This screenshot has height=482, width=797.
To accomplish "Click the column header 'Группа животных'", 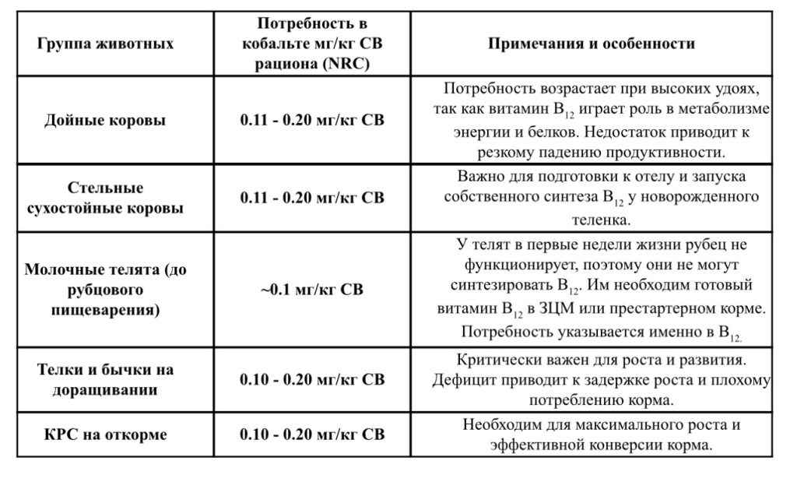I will (105, 44).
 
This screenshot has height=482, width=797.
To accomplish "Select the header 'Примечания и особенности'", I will (592, 44).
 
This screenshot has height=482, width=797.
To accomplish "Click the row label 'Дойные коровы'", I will (105, 121).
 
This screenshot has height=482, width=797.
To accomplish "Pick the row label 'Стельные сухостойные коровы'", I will (105, 199).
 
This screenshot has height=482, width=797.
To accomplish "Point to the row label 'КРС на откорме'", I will (105, 435).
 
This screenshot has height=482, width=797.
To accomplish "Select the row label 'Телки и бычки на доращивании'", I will (105, 379).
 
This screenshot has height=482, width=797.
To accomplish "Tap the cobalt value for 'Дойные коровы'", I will (311, 121).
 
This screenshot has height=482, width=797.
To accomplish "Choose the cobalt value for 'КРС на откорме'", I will (311, 435).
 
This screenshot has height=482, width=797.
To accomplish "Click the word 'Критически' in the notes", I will (495, 361).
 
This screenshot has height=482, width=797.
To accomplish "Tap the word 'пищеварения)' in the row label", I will (105, 311).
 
